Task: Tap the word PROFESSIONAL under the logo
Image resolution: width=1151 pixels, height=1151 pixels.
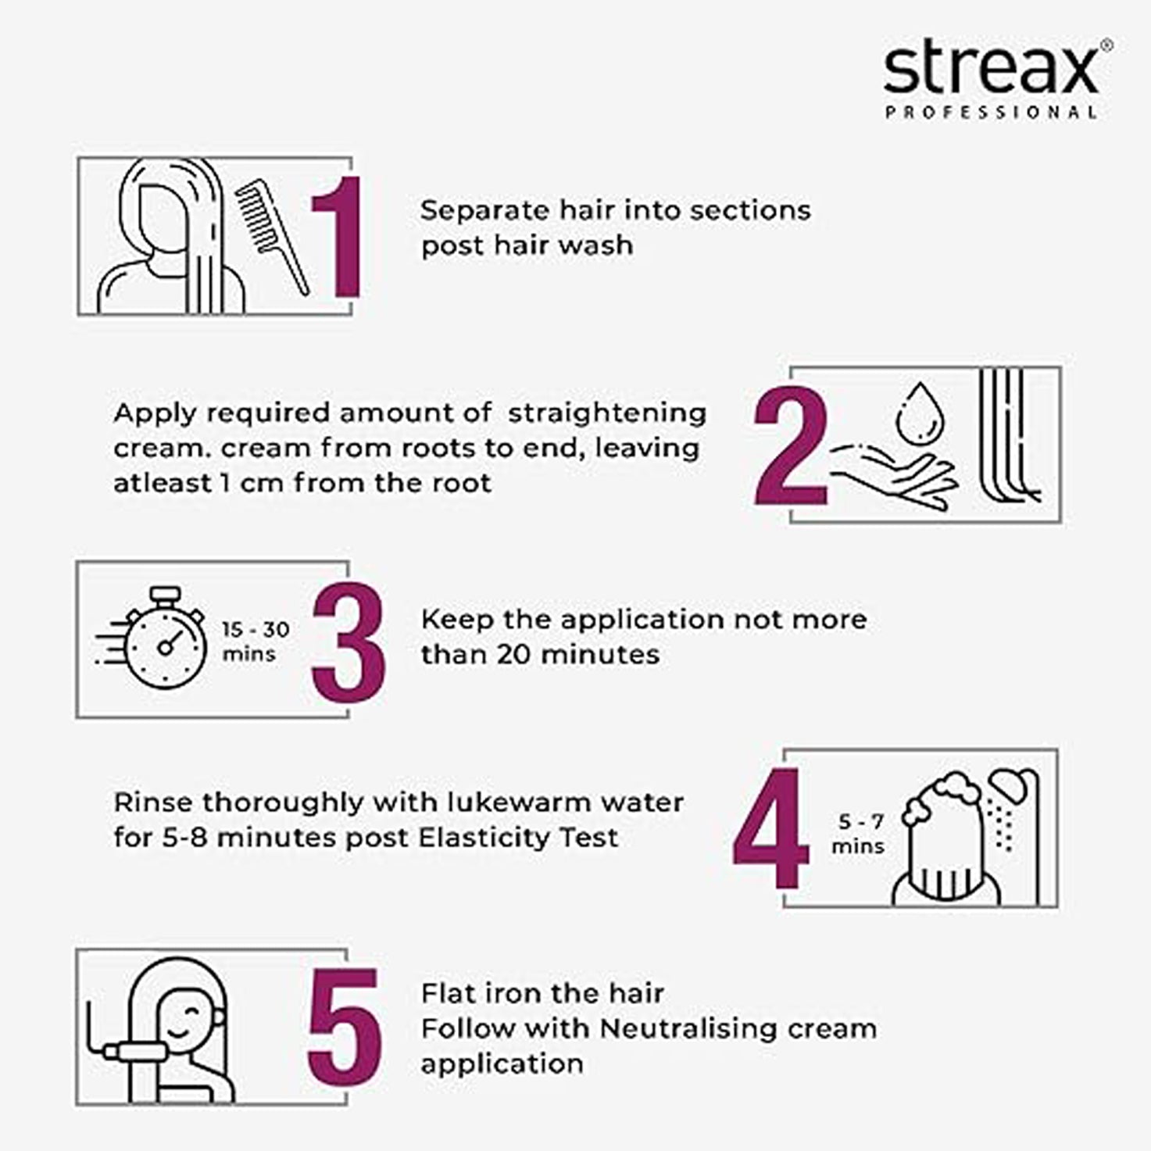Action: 991,113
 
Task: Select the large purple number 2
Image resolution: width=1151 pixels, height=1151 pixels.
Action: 791,445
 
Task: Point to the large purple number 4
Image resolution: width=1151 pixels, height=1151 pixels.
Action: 771,828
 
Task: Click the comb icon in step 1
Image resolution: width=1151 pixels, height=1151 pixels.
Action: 272,237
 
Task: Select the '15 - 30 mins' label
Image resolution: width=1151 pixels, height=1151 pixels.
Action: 255,642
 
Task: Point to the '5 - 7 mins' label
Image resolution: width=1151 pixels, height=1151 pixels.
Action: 858,834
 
